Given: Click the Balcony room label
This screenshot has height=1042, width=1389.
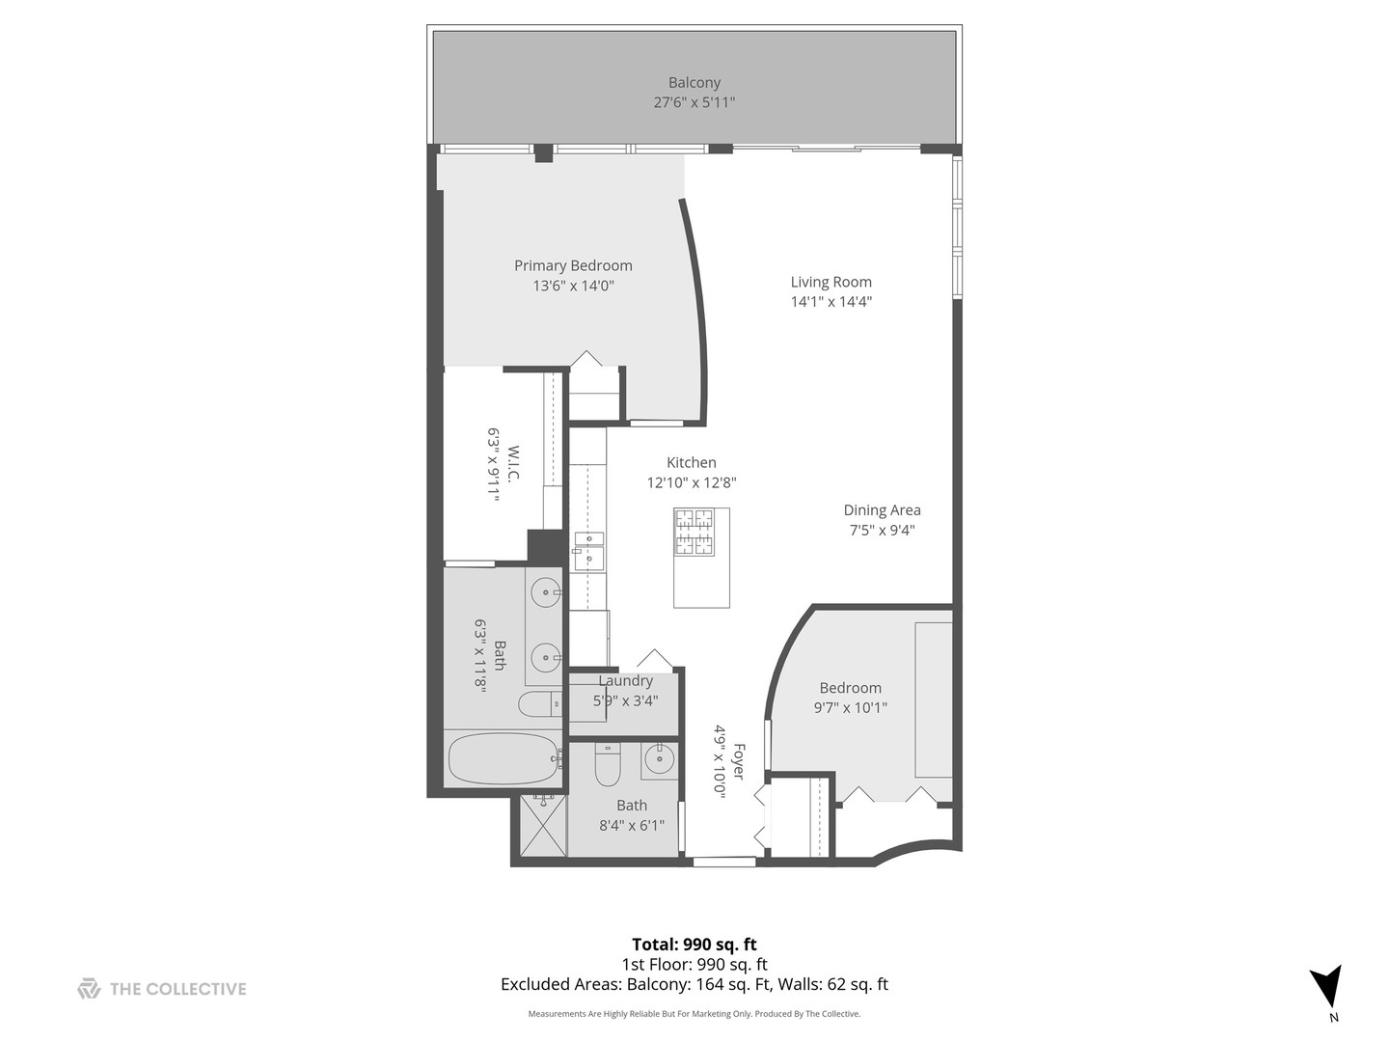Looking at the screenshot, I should tap(694, 83).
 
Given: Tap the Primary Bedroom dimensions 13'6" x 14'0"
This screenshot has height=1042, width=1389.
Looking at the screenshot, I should tap(573, 286).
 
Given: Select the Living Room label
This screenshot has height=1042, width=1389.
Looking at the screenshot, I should tap(831, 282).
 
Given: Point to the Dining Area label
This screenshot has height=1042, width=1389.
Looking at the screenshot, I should tap(882, 510).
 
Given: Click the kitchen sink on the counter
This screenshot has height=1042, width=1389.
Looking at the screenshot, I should tap(587, 551).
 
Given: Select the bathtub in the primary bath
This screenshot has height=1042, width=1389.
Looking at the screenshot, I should tap(503, 759).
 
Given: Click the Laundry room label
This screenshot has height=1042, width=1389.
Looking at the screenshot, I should tap(625, 681).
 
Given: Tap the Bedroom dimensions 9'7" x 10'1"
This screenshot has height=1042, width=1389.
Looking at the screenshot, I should tap(850, 707).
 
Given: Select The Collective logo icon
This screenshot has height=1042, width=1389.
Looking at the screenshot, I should tap(89, 989).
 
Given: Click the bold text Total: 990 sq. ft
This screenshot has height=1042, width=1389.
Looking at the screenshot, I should tap(694, 945).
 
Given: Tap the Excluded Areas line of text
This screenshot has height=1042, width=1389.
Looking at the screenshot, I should tap(694, 985).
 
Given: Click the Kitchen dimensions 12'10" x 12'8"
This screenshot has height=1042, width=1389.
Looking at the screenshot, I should tap(691, 482).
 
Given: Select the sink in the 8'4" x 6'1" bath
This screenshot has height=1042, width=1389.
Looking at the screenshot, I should tap(660, 759).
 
